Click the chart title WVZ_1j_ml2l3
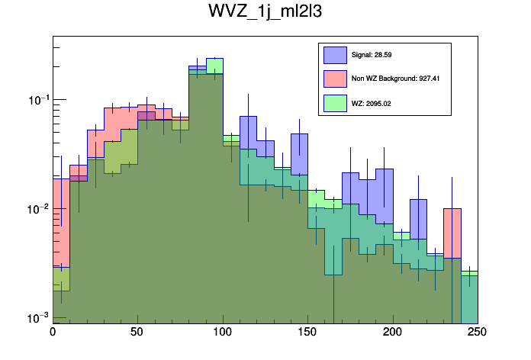(x=265, y=13)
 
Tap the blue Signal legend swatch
(x=336, y=55)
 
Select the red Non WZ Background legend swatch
(x=336, y=79)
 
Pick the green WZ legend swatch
(x=336, y=102)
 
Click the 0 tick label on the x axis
(x=53, y=333)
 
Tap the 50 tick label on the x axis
(x=137, y=333)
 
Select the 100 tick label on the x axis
(x=223, y=333)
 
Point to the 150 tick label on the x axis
(x=307, y=333)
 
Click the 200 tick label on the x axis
(x=393, y=333)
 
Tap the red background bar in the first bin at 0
(x=61, y=221)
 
